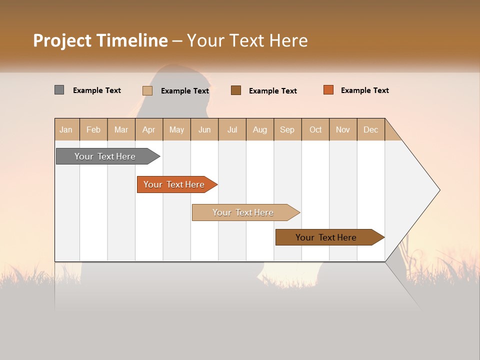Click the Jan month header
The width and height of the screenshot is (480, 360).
(66, 129)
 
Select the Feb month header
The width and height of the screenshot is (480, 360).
(93, 129)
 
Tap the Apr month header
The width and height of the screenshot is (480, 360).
(148, 129)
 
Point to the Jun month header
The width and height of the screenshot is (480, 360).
(204, 129)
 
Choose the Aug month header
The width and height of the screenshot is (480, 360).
(259, 129)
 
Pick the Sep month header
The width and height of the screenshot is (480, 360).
(287, 129)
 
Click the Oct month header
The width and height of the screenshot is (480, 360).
(315, 129)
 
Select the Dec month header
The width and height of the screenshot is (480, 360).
(370, 129)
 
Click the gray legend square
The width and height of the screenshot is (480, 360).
(59, 90)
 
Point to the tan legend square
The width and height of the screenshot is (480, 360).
(147, 90)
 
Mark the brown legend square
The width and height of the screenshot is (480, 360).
(235, 90)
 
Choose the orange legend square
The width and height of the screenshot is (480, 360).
(328, 90)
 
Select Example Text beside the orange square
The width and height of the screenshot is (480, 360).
(364, 90)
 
